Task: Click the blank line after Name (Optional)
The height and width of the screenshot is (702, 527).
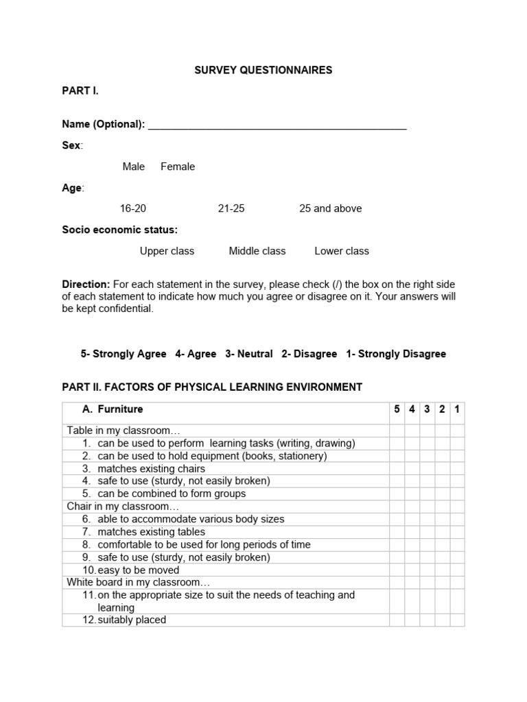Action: [277, 125]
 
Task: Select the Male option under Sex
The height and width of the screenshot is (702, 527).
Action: [134, 167]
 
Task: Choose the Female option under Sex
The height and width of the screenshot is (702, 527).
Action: [178, 167]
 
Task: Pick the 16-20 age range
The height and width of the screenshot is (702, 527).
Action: [133, 208]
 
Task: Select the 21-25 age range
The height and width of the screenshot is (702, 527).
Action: [231, 208]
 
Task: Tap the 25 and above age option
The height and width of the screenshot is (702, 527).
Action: [330, 208]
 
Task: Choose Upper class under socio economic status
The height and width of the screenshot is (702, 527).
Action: [167, 251]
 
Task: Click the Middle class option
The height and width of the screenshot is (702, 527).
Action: [257, 251]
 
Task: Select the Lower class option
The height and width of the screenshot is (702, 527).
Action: [342, 251]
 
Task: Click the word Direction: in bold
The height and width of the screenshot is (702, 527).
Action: [86, 284]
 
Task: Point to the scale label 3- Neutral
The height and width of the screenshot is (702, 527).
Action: [248, 354]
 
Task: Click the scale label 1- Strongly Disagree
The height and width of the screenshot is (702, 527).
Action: [396, 354]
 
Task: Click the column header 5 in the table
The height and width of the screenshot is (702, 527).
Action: [397, 409]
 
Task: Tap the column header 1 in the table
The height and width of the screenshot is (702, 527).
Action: [457, 409]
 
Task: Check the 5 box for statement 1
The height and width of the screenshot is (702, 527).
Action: [397, 444]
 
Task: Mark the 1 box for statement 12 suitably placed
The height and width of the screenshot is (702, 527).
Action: [457, 620]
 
